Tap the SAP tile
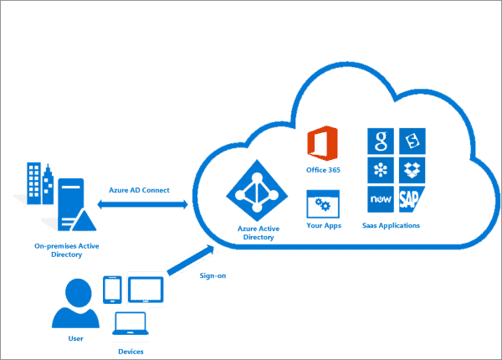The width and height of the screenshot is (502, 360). (x=412, y=199)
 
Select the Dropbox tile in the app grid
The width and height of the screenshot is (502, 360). (x=412, y=170)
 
